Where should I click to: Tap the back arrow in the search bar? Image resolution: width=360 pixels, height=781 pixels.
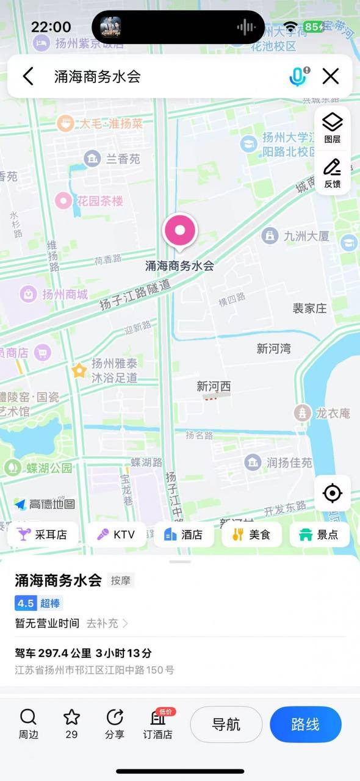pos(28,76)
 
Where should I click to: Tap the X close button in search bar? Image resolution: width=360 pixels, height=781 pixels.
pos(331,76)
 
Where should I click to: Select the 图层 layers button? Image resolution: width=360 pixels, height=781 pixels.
pos(333,128)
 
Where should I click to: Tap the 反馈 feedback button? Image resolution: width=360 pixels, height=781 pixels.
pos(333,173)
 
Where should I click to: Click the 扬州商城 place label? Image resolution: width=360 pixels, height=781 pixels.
pos(55,294)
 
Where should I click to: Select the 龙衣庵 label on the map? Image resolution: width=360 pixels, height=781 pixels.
pos(323,413)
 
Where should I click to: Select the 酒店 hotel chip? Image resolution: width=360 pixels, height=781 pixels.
pos(184,534)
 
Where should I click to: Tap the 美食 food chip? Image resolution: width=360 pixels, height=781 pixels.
pos(251,534)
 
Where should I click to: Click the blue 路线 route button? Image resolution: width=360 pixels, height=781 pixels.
pos(306,724)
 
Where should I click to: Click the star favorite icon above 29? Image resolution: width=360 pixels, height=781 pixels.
pos(72,718)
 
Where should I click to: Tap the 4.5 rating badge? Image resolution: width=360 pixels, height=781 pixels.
pos(26,603)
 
